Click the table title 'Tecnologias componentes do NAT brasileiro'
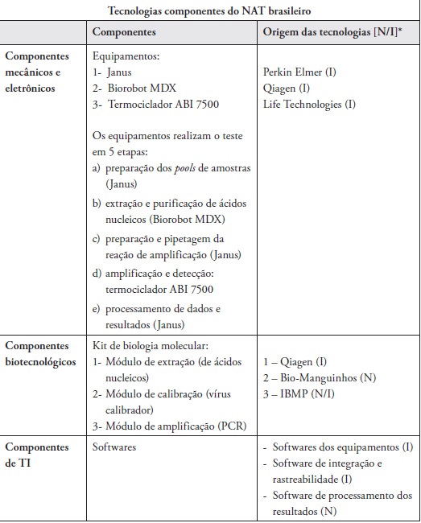pyautogui.click(x=209, y=10)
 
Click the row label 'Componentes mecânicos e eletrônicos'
pyautogui.click(x=39, y=72)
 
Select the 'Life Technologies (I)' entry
pyautogui.click(x=309, y=105)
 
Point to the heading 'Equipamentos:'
pyautogui.click(x=127, y=57)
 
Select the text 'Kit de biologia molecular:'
pyautogui.click(x=151, y=344)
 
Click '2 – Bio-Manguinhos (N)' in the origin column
pyautogui.click(x=319, y=378)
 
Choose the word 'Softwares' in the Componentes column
pyautogui.click(x=114, y=447)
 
